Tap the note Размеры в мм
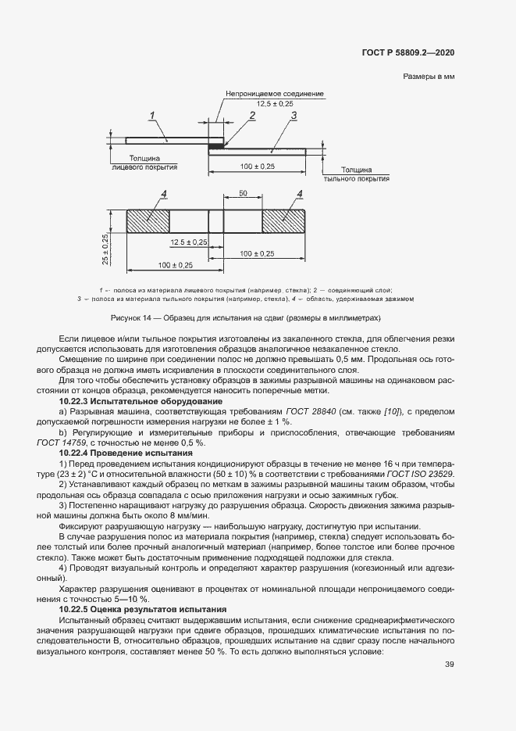click(x=429, y=77)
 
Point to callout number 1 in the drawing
click(x=153, y=116)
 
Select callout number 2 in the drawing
click(x=252, y=116)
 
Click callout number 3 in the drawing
click(x=294, y=116)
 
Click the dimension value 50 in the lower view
click(x=243, y=192)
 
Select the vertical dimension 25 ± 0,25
click(x=106, y=249)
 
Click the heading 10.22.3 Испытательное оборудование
click(x=141, y=401)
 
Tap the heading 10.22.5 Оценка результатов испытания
click(x=143, y=608)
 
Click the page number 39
click(x=450, y=665)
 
